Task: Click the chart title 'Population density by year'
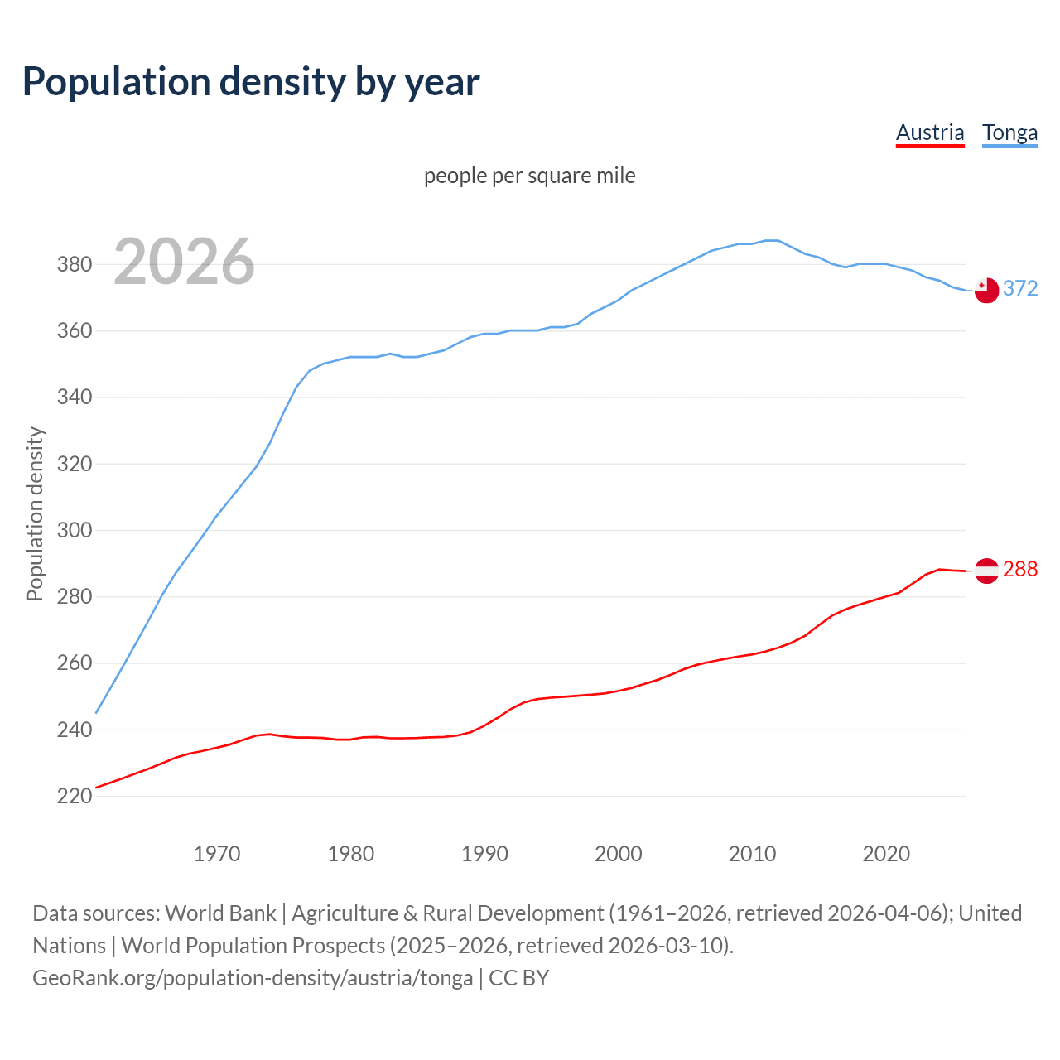[x=251, y=81]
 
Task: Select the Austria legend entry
[x=930, y=132]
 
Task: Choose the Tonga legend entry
[x=1009, y=132]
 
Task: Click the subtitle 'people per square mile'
[x=530, y=176]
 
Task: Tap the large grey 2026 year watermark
[x=184, y=262]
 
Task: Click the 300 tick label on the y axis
[x=74, y=530]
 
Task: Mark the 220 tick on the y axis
[x=74, y=797]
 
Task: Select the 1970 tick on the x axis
[x=217, y=854]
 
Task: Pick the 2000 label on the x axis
[x=618, y=854]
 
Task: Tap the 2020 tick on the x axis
[x=886, y=854]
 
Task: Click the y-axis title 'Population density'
[x=35, y=513]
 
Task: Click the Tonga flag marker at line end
[x=986, y=290]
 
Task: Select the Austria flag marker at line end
[x=986, y=571]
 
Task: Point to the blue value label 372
[x=1020, y=288]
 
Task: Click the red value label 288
[x=1020, y=570]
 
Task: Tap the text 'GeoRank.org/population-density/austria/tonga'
[x=253, y=978]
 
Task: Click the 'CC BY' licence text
[x=519, y=978]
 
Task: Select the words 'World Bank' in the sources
[x=220, y=913]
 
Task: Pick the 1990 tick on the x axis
[x=484, y=854]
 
